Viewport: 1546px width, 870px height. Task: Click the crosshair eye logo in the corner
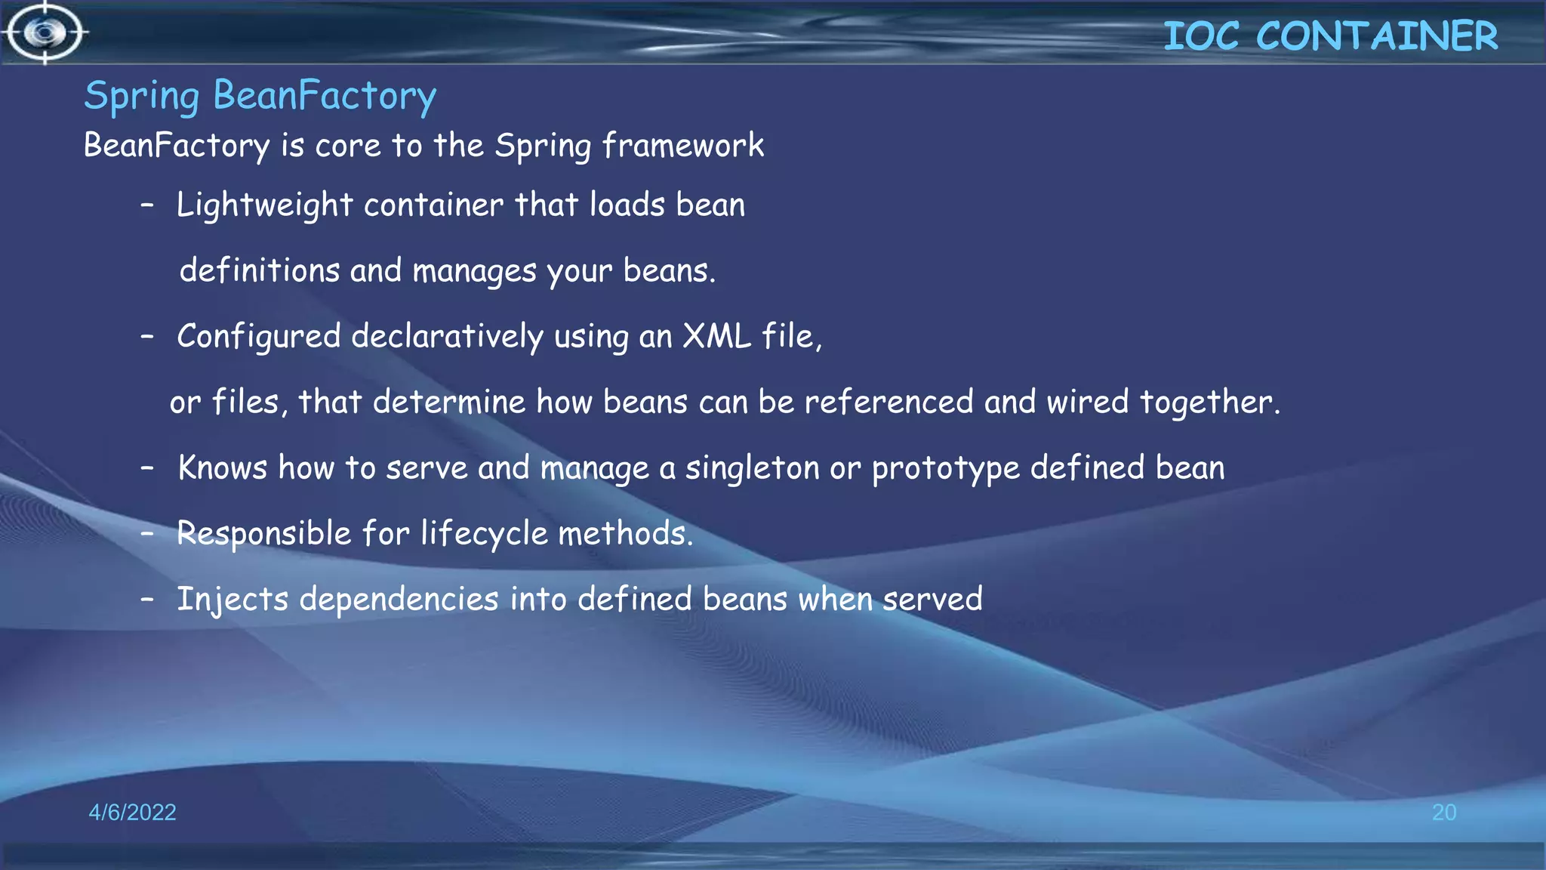coord(45,32)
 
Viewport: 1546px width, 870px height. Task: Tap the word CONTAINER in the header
coord(1377,35)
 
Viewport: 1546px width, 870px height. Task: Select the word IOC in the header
coord(1201,35)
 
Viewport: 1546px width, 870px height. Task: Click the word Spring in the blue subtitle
coord(142,97)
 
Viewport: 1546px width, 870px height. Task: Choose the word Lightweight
coord(264,205)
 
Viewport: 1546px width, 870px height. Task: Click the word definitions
coord(260,270)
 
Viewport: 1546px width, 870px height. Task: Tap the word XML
coord(716,336)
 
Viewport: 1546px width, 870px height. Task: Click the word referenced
coord(888,402)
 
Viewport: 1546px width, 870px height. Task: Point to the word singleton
coord(752,468)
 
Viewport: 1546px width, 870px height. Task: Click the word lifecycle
coord(484,534)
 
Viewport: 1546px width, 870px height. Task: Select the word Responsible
coord(263,534)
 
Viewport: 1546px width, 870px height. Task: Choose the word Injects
coord(233,600)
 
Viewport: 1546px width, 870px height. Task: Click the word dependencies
coord(399,600)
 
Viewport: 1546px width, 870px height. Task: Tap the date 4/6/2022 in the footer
coord(132,812)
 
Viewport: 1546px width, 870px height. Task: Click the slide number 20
coord(1444,812)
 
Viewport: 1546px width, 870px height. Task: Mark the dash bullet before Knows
coord(147,468)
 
